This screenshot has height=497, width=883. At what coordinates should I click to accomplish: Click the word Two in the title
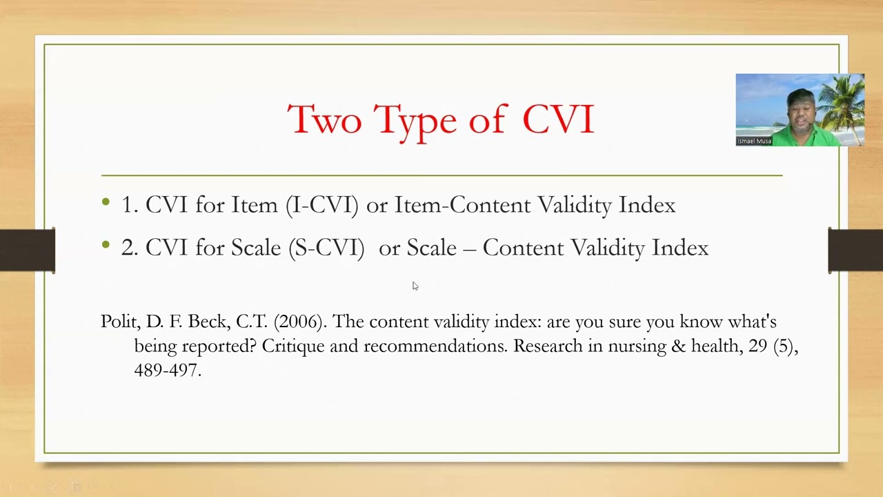coord(324,120)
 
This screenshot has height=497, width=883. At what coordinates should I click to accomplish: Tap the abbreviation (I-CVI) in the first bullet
coord(322,205)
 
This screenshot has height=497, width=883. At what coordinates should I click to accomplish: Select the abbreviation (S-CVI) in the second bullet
coord(326,248)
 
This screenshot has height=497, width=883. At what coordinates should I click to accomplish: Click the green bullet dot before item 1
coord(106,202)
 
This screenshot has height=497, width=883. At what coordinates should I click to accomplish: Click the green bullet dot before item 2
coord(106,245)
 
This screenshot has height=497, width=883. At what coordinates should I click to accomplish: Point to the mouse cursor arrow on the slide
coord(415,285)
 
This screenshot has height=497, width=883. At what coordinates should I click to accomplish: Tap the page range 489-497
coord(168,370)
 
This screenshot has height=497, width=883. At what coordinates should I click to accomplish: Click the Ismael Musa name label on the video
coord(754,141)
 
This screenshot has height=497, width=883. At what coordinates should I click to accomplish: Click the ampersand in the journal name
coord(679,346)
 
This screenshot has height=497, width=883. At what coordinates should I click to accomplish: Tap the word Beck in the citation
coord(207,322)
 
